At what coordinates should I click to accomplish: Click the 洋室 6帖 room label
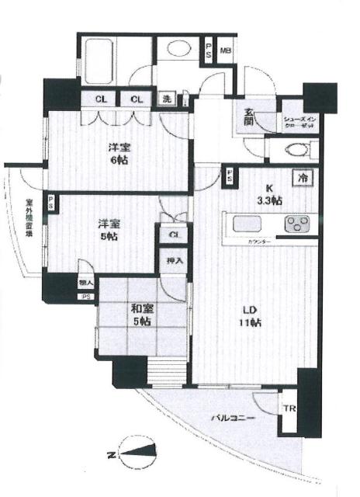point(117,153)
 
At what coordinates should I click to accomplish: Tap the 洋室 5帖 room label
point(108,231)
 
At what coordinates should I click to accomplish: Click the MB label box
point(226,51)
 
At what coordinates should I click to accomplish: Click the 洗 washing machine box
point(167,99)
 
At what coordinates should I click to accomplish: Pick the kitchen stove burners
point(297,224)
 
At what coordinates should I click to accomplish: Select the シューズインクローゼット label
point(299,116)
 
